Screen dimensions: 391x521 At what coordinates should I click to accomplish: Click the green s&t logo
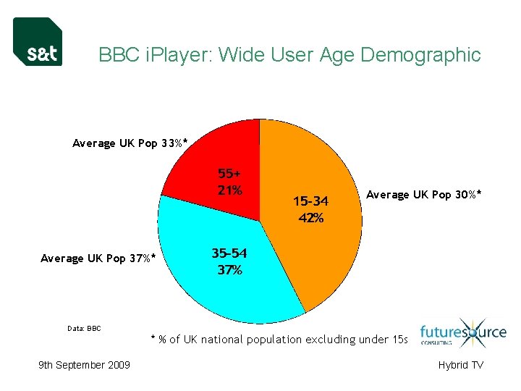click(x=38, y=42)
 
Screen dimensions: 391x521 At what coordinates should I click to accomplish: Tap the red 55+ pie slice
click(x=210, y=163)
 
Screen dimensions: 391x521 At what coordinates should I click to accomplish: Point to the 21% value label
click(x=229, y=190)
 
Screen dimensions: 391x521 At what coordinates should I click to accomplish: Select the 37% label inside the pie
click(x=229, y=270)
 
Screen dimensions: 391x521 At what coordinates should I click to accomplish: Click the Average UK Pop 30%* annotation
click(x=424, y=194)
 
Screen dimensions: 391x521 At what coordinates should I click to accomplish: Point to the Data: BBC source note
click(x=85, y=329)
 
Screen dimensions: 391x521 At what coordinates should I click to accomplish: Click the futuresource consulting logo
click(x=453, y=335)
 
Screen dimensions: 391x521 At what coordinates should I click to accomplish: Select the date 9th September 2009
click(x=84, y=365)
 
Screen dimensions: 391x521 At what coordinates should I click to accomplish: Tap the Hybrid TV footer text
click(x=460, y=365)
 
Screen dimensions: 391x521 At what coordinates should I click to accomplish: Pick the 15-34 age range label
click(x=310, y=201)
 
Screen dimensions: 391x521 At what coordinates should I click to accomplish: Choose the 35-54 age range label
click(x=229, y=253)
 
